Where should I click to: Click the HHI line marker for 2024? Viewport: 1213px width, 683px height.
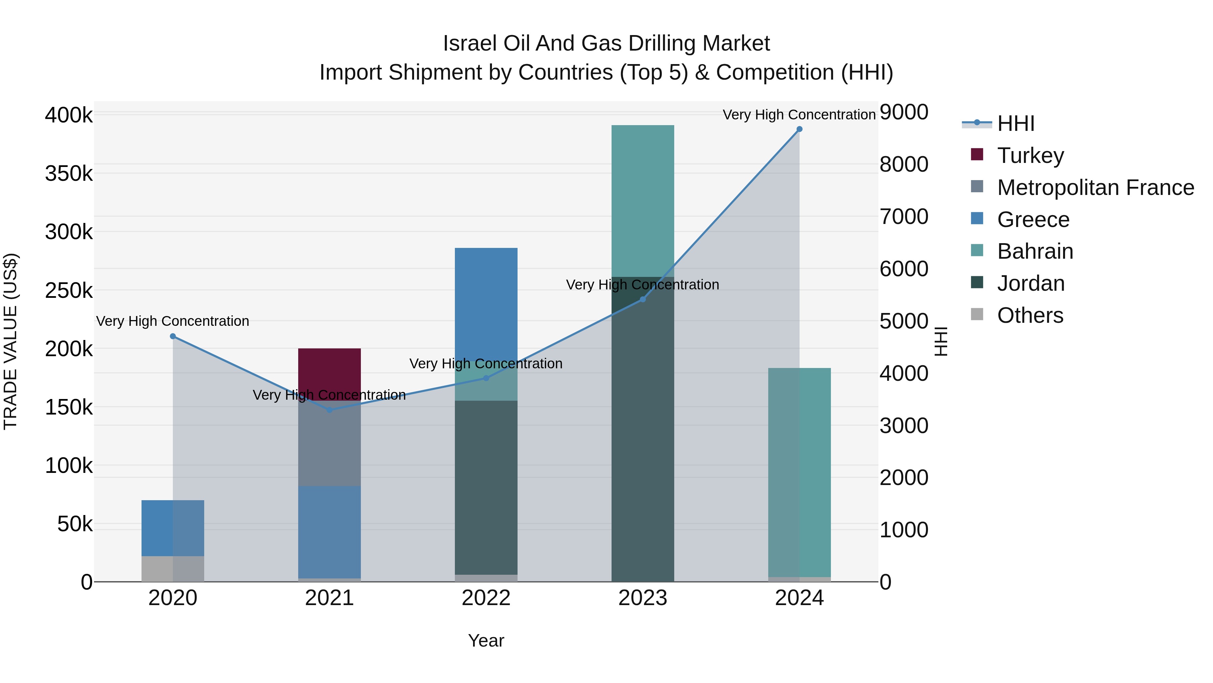click(x=799, y=129)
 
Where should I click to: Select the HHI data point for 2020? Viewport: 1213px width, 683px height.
click(x=173, y=336)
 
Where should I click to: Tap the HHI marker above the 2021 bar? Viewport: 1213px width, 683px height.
click(x=330, y=409)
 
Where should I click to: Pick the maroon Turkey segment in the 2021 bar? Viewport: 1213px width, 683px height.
click(x=330, y=372)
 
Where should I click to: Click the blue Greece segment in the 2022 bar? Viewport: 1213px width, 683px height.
click(x=486, y=302)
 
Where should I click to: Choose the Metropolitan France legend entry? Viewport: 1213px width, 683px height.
click(x=1095, y=187)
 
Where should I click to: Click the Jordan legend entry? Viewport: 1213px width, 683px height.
click(x=1030, y=283)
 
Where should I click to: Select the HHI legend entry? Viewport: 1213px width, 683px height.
click(x=1016, y=123)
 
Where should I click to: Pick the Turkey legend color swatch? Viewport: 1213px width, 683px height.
click(x=977, y=154)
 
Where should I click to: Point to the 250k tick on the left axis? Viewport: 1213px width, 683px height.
click(x=69, y=290)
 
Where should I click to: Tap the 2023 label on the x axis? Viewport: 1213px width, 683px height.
click(x=643, y=598)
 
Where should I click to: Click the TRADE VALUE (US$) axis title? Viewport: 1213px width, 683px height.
click(x=10, y=341)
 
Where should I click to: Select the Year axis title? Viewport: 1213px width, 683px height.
click(x=486, y=641)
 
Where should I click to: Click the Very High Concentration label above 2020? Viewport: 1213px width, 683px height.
click(x=173, y=321)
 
